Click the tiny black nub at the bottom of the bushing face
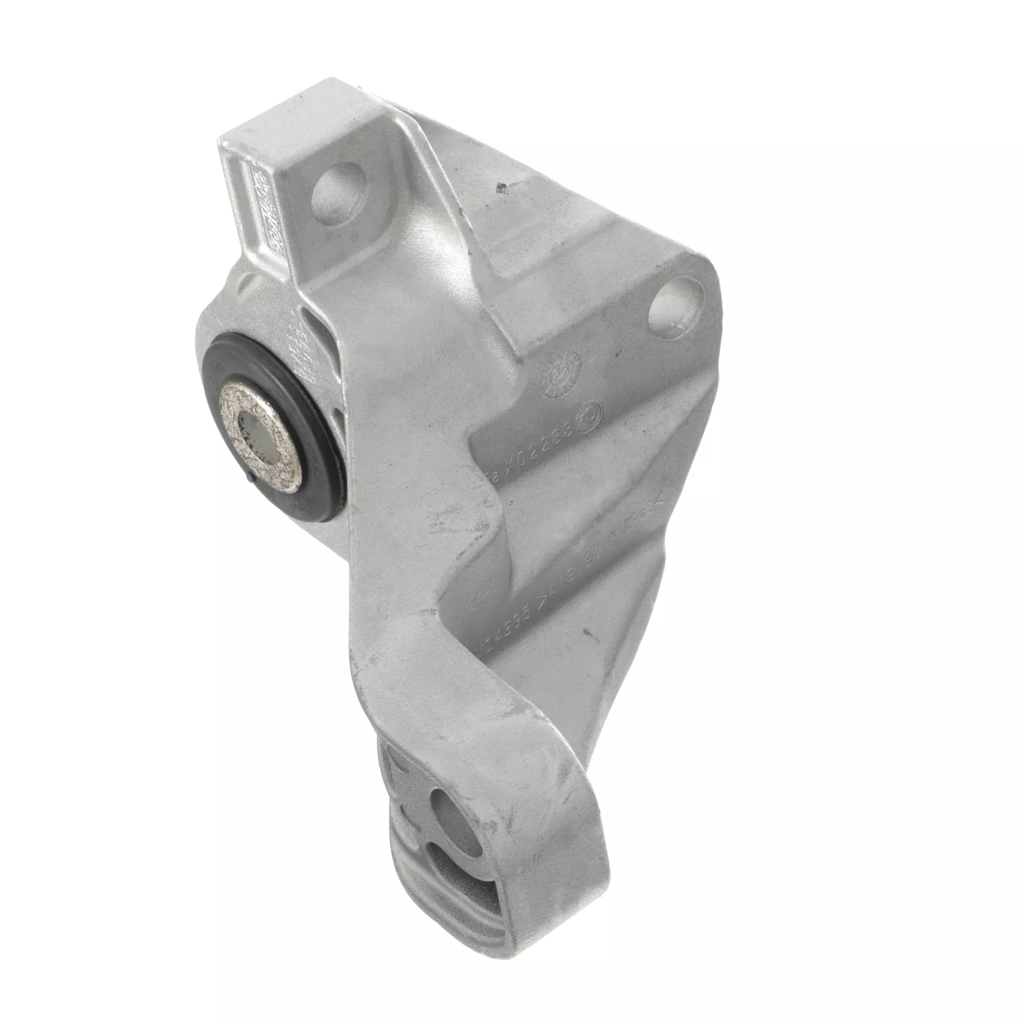[x=250, y=476]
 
